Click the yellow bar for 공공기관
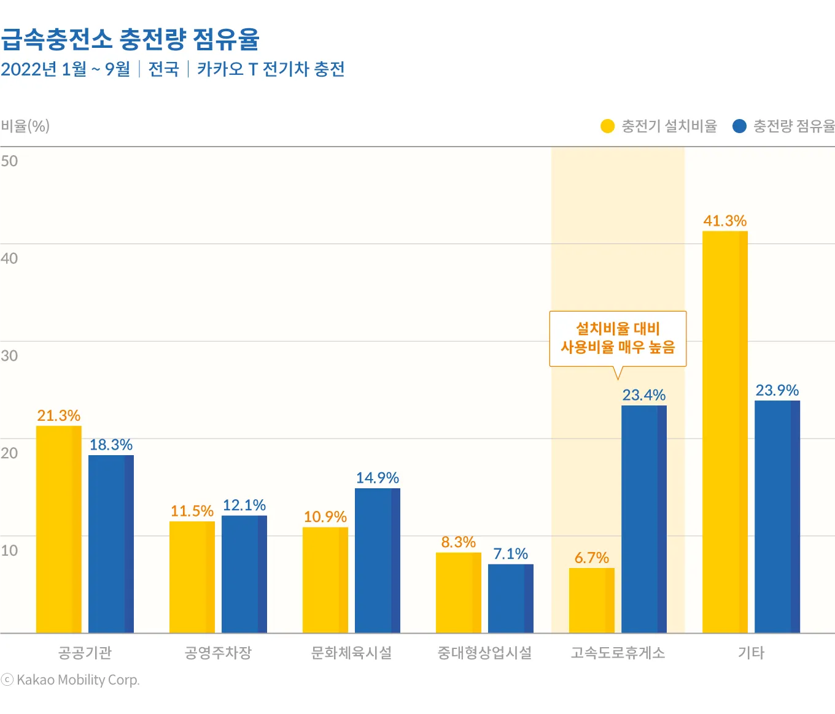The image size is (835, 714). click(x=58, y=529)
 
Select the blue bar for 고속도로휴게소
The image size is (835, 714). click(x=643, y=519)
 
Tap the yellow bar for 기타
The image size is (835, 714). click(x=724, y=432)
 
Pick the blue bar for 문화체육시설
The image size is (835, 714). click(x=377, y=560)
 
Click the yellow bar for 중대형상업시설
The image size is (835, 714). click(x=458, y=593)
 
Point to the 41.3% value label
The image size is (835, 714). click(x=724, y=221)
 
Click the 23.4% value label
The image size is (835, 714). click(x=643, y=395)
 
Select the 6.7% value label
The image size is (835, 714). click(x=591, y=558)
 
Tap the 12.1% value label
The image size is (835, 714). click(x=244, y=505)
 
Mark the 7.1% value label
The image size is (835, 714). click(x=510, y=554)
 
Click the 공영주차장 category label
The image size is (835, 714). click(x=218, y=653)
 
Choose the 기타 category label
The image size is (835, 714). click(x=750, y=653)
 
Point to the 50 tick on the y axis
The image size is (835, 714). click(x=9, y=161)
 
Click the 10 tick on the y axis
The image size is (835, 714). click(x=9, y=550)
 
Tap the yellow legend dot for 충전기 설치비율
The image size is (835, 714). click(x=607, y=126)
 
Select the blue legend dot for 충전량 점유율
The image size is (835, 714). click(x=739, y=126)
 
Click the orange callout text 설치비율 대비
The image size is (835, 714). click(x=617, y=329)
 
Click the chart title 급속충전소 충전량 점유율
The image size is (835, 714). click(x=130, y=39)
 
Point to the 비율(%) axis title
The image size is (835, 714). click(x=25, y=126)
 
